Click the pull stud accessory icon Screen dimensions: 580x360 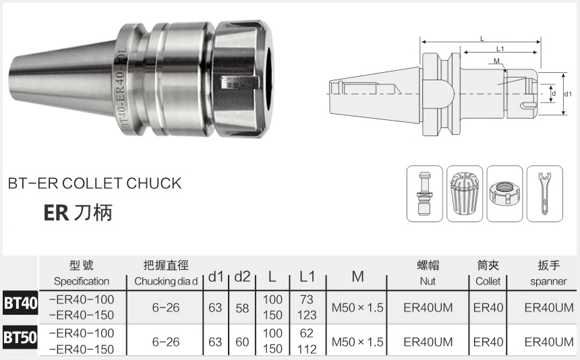[424, 193]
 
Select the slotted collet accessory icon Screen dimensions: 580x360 [465, 193]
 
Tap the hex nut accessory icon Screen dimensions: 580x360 [504, 193]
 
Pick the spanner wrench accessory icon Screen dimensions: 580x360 [544, 193]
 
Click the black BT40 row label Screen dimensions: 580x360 [20, 303]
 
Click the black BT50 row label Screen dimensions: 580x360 [20, 337]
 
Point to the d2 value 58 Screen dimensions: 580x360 [242, 308]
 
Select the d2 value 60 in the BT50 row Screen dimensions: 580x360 [242, 342]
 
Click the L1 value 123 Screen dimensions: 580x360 [307, 316]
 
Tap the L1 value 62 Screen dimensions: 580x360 [307, 334]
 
